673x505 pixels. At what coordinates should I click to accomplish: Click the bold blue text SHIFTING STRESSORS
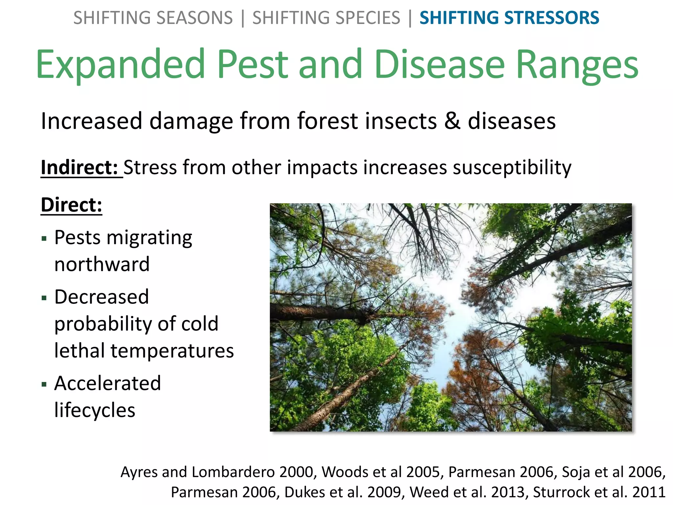[x=509, y=18]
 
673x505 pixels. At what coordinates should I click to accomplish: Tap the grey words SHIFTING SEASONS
[x=153, y=18]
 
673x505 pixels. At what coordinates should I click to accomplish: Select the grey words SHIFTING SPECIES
[x=326, y=18]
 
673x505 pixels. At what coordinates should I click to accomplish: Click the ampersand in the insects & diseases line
[x=452, y=121]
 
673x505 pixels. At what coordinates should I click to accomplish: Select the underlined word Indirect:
[x=79, y=167]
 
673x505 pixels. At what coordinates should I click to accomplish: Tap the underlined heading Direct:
[x=71, y=205]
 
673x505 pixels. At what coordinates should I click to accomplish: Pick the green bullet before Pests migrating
[x=44, y=238]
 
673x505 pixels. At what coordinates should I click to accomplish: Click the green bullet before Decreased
[x=44, y=298]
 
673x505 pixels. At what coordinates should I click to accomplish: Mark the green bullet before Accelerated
[x=44, y=384]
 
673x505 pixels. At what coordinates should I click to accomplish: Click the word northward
[x=102, y=264]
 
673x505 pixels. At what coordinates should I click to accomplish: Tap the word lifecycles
[x=95, y=410]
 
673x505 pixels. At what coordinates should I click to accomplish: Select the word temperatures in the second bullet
[x=172, y=350]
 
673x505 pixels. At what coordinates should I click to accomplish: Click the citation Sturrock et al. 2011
[x=599, y=492]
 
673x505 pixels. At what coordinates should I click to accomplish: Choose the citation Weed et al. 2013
[x=467, y=492]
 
